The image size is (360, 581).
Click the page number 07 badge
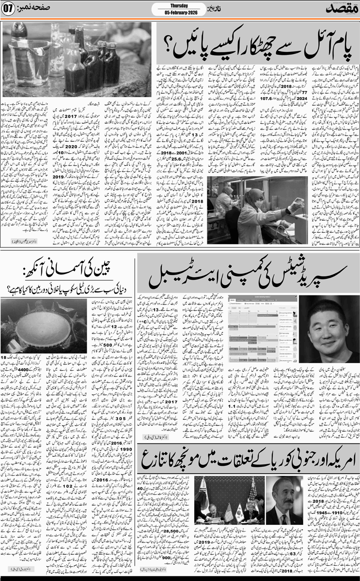pyautogui.click(x=10, y=9)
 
